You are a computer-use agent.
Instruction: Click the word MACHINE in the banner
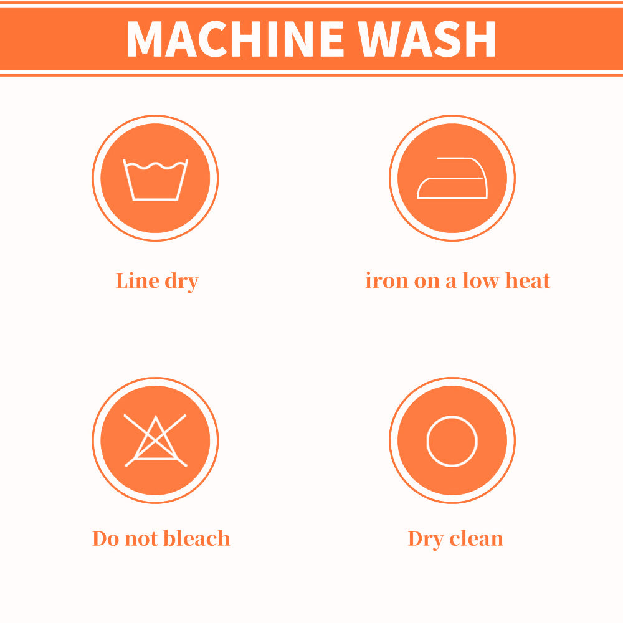coord(235,39)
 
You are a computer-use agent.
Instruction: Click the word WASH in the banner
coord(426,39)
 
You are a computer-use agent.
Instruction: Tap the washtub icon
coord(155,179)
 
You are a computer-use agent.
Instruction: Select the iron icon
coord(452,178)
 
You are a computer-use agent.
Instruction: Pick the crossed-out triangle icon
coord(155,440)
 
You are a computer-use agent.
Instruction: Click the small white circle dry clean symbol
coord(452,440)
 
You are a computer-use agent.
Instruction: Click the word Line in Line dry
coord(138,280)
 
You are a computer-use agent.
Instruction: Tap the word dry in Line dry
coord(181,282)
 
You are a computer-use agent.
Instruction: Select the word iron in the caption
coord(387,280)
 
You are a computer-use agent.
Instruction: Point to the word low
coord(480,280)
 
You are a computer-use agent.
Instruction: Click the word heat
coord(528,280)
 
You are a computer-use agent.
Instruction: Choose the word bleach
coord(197,538)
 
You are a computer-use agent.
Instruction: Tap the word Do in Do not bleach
coord(106,538)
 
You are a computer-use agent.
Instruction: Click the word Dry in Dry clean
coord(426,540)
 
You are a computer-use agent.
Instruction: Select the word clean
coord(476,538)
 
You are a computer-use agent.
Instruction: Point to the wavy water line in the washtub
coord(155,165)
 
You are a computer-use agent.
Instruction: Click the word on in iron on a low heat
coord(427,282)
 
